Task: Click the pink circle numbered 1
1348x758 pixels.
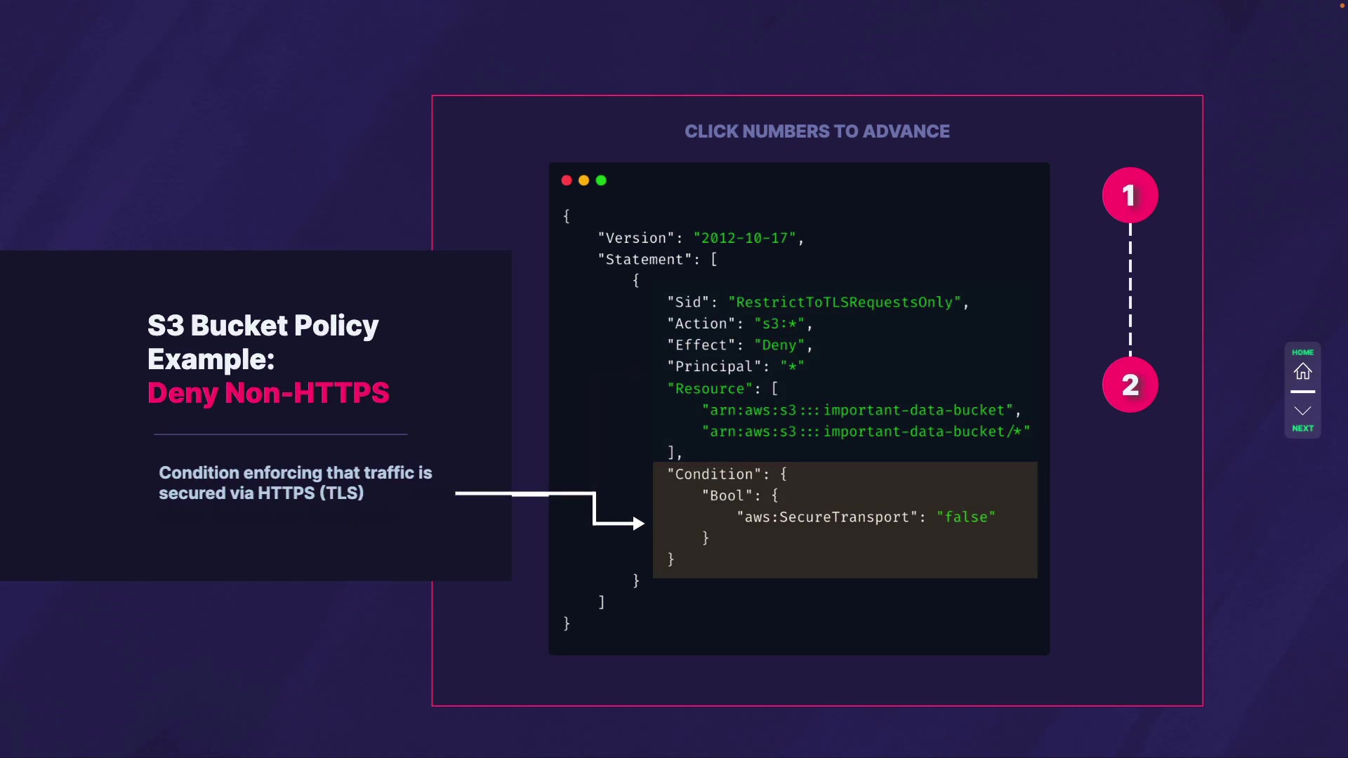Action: (1130, 195)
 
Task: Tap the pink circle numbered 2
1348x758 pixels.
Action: (1130, 385)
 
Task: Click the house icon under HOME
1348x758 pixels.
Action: (1302, 371)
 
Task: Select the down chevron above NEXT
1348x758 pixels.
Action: (1302, 411)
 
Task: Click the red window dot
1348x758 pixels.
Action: (567, 180)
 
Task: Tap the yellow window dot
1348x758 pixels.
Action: (583, 180)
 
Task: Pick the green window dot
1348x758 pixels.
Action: (601, 180)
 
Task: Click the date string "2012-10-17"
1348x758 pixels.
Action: (744, 239)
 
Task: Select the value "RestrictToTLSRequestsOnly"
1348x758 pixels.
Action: (844, 302)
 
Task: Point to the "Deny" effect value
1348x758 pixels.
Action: (779, 345)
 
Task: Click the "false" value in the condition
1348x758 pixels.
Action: (965, 517)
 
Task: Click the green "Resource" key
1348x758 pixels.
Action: (709, 389)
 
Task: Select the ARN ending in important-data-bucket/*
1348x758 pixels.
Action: (866, 432)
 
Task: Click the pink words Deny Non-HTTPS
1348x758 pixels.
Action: (268, 393)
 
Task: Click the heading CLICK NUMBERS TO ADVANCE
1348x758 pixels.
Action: (817, 131)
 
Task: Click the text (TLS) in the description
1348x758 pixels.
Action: (341, 493)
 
